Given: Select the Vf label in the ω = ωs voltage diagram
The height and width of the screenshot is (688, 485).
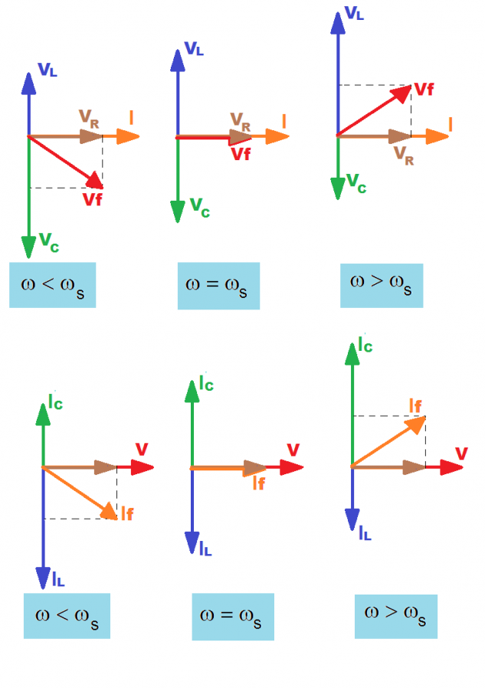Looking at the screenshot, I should [x=240, y=152].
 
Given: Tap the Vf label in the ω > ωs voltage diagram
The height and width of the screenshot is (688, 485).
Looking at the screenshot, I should [x=424, y=90].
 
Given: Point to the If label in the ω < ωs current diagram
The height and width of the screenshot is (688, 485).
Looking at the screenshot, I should [x=126, y=513].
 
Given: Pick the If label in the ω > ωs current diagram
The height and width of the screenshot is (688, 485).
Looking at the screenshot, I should [x=415, y=404].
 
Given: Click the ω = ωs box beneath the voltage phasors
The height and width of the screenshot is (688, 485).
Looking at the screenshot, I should [x=218, y=286].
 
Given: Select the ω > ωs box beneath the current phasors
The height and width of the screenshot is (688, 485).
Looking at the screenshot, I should [x=395, y=616].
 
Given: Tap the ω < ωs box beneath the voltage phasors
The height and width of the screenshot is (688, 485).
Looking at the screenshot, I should [x=52, y=285].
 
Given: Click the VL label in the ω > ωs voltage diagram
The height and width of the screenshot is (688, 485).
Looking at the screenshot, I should [x=354, y=13].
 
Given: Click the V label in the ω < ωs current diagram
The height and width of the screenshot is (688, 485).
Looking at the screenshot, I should [x=142, y=449].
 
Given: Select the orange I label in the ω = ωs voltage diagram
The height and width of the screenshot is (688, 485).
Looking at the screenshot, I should [x=284, y=120].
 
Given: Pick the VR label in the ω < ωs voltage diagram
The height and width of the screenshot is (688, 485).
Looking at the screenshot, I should [x=89, y=117].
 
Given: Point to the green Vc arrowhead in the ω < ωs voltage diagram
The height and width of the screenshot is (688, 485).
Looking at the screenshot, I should [x=28, y=247].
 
